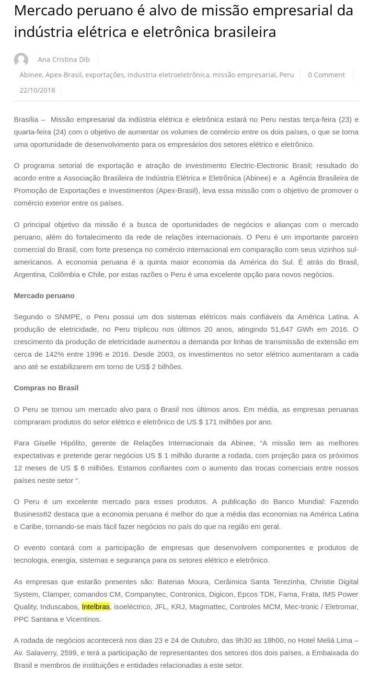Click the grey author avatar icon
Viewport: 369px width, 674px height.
(x=21, y=60)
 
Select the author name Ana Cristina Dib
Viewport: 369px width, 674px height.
(x=64, y=60)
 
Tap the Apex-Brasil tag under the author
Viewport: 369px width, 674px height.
(x=64, y=75)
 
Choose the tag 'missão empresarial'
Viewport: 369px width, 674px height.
(x=244, y=75)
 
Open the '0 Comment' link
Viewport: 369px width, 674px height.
(x=326, y=75)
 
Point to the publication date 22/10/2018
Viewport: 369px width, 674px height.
(x=37, y=90)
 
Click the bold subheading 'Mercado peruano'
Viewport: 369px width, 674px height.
(x=44, y=295)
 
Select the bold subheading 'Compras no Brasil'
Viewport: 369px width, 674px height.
(x=46, y=387)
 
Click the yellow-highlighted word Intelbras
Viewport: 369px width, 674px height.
(x=96, y=606)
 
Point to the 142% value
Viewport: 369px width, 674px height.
(x=46, y=354)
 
